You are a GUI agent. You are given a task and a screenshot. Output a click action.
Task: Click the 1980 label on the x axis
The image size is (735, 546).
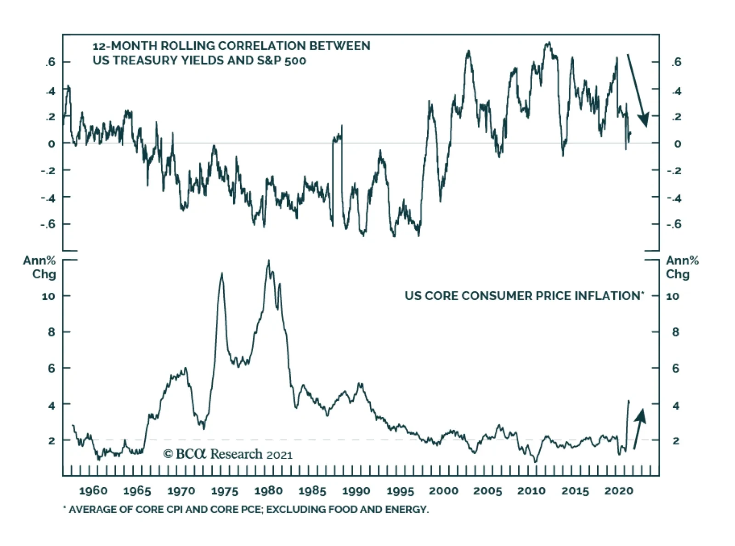(x=269, y=490)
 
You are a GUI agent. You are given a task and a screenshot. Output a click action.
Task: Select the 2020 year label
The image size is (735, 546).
(x=619, y=490)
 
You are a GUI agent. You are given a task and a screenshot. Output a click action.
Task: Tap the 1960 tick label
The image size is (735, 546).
(x=93, y=490)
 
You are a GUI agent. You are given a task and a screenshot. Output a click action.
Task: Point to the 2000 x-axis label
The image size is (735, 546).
(x=444, y=490)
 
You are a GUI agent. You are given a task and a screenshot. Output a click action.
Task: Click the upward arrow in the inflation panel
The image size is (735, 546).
(x=639, y=428)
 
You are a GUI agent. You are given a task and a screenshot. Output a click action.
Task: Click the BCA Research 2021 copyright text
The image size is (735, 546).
(x=228, y=454)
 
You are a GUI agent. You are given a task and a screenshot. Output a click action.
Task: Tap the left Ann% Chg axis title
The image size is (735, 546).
(x=40, y=267)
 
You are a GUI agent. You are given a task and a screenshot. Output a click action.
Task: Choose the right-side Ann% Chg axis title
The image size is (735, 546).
(x=682, y=267)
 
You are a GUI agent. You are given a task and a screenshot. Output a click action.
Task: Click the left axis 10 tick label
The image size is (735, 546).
(x=48, y=296)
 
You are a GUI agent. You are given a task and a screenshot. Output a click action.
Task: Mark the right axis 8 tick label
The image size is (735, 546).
(x=675, y=332)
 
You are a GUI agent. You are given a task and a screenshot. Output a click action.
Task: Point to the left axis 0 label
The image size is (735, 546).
(x=51, y=143)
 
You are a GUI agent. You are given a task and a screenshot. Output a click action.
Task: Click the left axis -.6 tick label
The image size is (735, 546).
(x=48, y=224)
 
